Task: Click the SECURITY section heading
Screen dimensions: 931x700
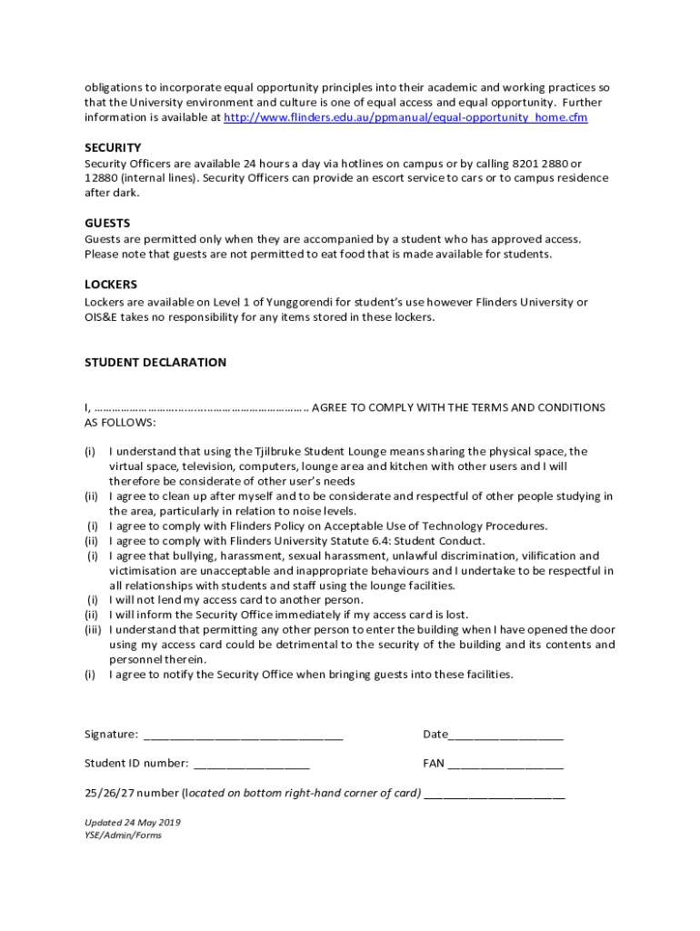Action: pyautogui.click(x=113, y=147)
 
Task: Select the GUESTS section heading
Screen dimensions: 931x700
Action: pyautogui.click(x=107, y=223)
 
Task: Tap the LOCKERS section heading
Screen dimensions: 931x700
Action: pyautogui.click(x=111, y=285)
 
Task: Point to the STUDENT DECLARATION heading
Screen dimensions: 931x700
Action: pyautogui.click(x=155, y=362)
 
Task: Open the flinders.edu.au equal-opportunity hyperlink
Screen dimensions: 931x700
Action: pyautogui.click(x=405, y=117)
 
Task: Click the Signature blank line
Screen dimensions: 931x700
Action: pyautogui.click(x=244, y=735)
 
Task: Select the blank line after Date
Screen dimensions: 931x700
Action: pyautogui.click(x=506, y=735)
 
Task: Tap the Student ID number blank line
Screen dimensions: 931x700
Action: pyautogui.click(x=252, y=764)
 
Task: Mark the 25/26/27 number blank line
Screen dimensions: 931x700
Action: pyautogui.click(x=495, y=793)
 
